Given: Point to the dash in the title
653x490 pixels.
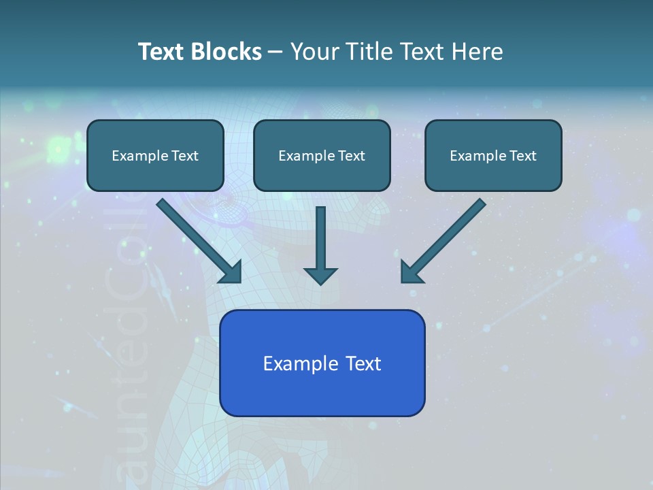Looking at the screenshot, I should pyautogui.click(x=275, y=52).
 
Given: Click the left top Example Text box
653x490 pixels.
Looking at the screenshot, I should pyautogui.click(x=155, y=156).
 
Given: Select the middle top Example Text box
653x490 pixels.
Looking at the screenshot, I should pyautogui.click(x=322, y=156).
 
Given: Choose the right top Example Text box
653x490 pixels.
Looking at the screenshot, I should pyautogui.click(x=493, y=156).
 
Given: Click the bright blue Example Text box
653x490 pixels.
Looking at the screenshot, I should pyautogui.click(x=322, y=363).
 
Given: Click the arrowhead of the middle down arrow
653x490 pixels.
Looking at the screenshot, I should pyautogui.click(x=320, y=275).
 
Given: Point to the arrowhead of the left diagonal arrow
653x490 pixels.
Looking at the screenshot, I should pyautogui.click(x=231, y=272).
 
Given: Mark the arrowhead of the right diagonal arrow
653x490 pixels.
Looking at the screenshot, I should pyautogui.click(x=411, y=272).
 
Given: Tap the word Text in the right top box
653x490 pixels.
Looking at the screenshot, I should pyautogui.click(x=522, y=156).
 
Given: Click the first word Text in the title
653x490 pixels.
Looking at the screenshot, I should pyautogui.click(x=161, y=52).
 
